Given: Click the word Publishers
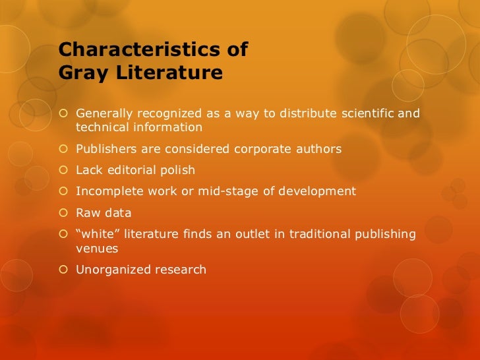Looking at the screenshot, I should pos(107,149).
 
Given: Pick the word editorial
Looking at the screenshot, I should pos(133,170).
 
